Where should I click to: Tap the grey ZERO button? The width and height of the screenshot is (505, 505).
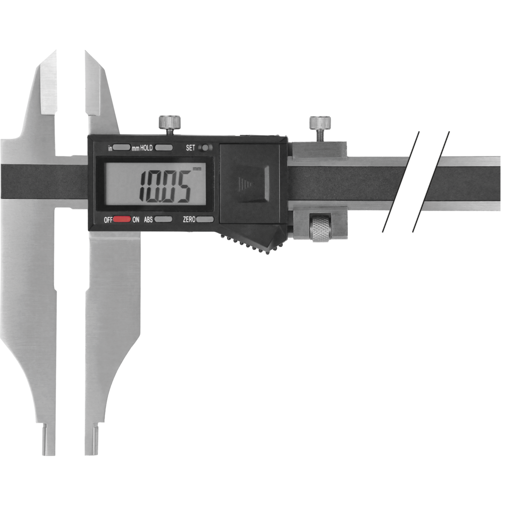coord(205,220)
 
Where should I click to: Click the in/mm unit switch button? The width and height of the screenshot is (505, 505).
coord(122,148)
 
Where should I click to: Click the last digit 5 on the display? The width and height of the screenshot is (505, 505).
coord(182,186)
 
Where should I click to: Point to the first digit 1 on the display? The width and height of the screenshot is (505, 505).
coord(142,186)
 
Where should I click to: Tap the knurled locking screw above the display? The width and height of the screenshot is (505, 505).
coord(170,122)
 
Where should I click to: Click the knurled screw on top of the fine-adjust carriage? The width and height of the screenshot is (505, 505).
coord(320,122)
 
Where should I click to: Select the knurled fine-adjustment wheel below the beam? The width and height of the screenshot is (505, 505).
coord(321,228)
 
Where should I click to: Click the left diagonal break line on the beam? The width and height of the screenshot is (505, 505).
coord(400,182)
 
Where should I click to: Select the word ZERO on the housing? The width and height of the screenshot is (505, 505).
coord(189,220)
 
